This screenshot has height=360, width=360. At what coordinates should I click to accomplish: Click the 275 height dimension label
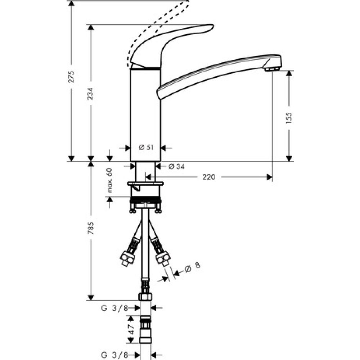[x=72, y=77]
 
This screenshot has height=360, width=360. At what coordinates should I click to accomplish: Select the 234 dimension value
[x=91, y=94]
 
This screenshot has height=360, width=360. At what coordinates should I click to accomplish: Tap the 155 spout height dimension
[x=289, y=118]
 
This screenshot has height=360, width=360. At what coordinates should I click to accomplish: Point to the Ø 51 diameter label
[x=146, y=148]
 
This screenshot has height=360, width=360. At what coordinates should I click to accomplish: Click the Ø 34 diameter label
[x=176, y=166]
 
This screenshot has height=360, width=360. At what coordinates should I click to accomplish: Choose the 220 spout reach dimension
[x=209, y=177]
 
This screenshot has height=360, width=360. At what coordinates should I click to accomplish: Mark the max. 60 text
[x=109, y=180]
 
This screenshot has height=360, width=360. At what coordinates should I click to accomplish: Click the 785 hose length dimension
[x=91, y=228]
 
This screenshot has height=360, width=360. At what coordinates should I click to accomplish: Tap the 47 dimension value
[x=131, y=329]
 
